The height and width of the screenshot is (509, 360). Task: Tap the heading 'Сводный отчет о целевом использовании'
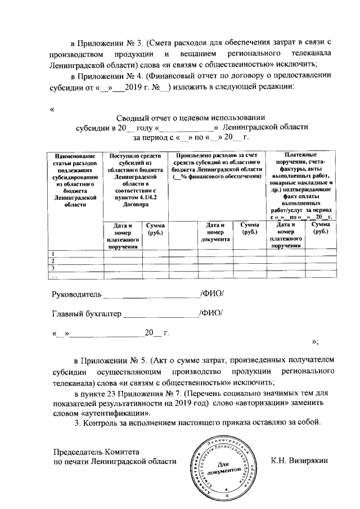click(x=190, y=118)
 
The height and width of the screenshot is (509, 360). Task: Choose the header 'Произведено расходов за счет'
click(x=218, y=166)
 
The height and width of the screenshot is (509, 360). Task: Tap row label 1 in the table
click(x=53, y=254)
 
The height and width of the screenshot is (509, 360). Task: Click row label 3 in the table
click(x=53, y=268)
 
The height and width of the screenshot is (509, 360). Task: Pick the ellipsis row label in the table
click(x=54, y=276)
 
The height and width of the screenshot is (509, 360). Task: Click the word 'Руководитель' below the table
click(x=75, y=294)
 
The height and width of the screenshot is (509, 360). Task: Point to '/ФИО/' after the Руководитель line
click(x=213, y=294)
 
